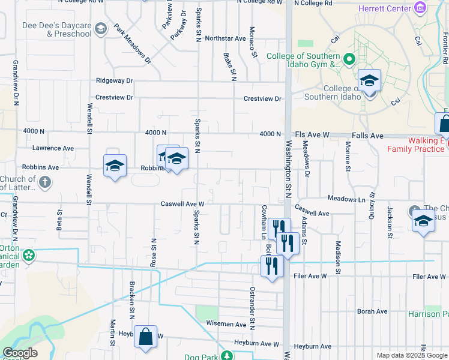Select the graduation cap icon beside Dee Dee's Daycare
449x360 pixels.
(x=101, y=29)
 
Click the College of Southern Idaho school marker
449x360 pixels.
(x=369, y=82)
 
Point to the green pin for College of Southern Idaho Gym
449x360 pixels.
(x=349, y=59)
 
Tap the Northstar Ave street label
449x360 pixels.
(x=225, y=38)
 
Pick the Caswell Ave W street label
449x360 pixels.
(x=183, y=204)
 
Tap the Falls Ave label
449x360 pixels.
(x=368, y=136)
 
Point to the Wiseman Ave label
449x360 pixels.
(x=226, y=324)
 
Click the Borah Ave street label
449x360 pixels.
(x=373, y=311)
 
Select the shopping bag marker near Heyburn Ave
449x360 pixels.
(x=145, y=337)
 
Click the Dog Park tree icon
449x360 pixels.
(x=228, y=356)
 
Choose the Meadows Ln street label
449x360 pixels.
(x=346, y=199)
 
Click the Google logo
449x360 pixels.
(x=20, y=353)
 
